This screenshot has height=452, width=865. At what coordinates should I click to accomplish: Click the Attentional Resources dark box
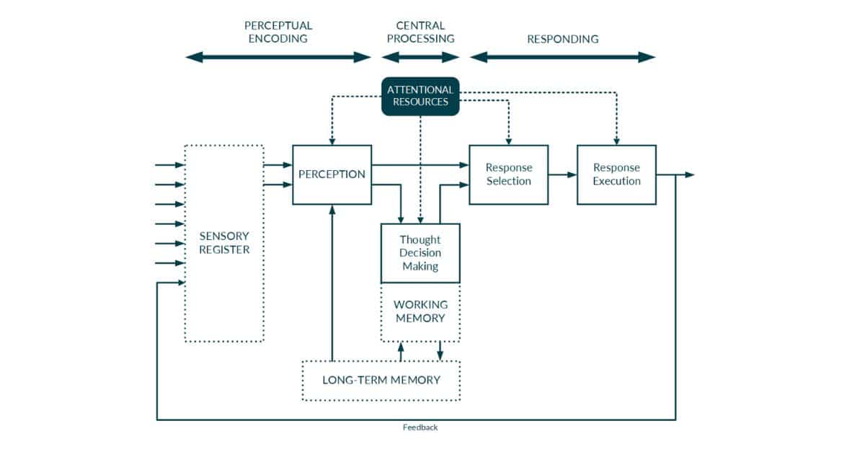point(420,96)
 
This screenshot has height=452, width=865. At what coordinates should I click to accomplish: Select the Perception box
point(332,174)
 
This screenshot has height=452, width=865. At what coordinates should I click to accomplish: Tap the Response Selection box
point(508,174)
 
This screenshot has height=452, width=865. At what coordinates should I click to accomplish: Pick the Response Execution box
point(616,174)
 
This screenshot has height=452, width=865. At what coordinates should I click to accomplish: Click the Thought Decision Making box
point(420,253)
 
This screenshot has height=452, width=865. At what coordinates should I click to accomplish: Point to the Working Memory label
point(420,311)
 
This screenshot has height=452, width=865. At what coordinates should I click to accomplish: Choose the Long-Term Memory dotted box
point(381,380)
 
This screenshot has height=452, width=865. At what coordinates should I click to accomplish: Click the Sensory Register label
point(224,243)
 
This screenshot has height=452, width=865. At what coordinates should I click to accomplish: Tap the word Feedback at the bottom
point(420,427)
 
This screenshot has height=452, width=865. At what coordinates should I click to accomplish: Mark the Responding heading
point(562,39)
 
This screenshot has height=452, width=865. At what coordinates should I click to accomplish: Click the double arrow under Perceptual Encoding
point(278,58)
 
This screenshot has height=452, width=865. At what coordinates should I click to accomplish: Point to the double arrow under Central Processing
point(420,58)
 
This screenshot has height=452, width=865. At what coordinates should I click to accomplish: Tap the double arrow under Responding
point(562,58)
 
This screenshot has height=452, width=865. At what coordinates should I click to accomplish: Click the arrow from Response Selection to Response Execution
point(562,174)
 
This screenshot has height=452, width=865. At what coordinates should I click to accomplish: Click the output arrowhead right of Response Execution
point(689,174)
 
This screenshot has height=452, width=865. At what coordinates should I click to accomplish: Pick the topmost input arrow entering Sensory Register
point(170,165)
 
